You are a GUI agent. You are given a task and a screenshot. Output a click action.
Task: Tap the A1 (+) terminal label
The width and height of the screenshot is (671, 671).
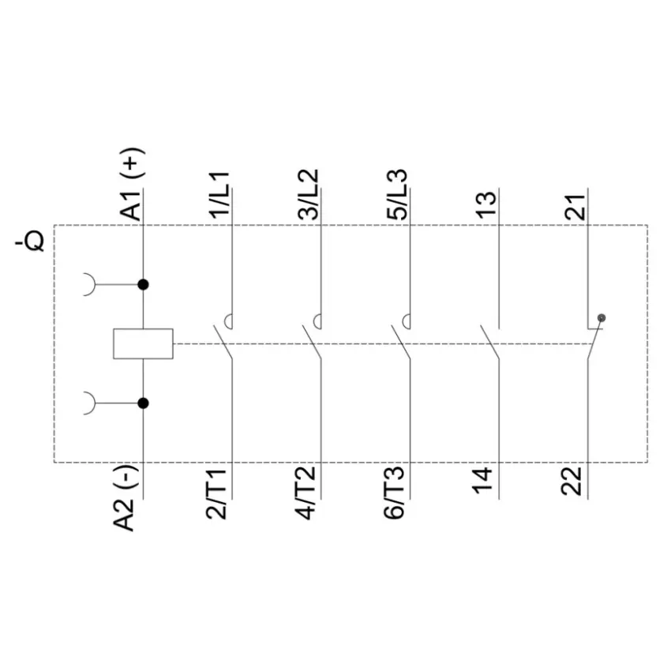pos(132,184)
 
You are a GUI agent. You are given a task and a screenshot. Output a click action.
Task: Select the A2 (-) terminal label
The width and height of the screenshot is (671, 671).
pos(125,499)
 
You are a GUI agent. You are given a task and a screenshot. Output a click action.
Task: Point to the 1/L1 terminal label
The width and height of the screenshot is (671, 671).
pos(220,196)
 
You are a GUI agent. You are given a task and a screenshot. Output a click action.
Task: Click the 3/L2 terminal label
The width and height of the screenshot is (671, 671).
pos(309,195)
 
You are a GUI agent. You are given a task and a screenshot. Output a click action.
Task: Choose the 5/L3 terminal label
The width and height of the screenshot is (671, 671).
pos(398,195)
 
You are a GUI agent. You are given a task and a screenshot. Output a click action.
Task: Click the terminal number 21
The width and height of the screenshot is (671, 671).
pos(575,207)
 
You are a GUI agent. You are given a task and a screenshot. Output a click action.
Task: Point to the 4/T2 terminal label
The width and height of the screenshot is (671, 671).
pos(306,493)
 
